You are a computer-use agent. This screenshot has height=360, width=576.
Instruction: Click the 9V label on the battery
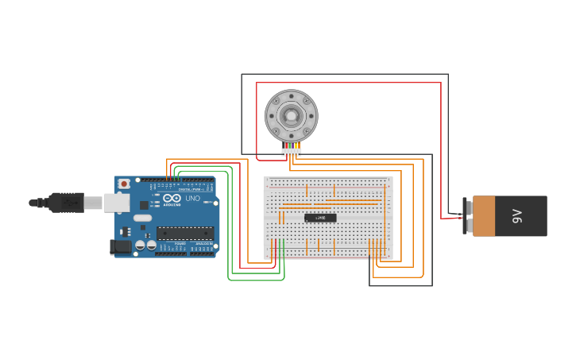tap(517, 215)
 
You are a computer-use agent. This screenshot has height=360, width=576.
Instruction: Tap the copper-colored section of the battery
tap(484, 216)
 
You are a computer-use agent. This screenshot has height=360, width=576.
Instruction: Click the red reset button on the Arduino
tap(123, 184)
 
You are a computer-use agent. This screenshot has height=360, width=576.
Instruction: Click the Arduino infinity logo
tap(172, 198)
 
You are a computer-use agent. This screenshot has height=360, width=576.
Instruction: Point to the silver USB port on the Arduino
tap(116, 203)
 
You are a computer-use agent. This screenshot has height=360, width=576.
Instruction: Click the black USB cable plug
tap(67, 203)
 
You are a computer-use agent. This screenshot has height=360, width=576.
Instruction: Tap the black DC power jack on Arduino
tap(122, 246)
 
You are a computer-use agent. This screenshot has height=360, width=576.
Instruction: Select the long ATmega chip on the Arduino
tap(184, 233)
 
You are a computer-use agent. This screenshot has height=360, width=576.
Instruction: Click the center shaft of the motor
tap(291, 116)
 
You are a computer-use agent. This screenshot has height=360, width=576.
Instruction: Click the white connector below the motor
tap(291, 151)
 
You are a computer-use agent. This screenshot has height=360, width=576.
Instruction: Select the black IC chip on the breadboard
tap(320, 217)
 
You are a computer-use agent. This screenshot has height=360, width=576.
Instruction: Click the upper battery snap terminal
tap(469, 207)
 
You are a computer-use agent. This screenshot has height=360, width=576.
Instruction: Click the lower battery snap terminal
tap(469, 226)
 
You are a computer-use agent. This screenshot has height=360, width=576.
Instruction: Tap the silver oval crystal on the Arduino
tap(142, 218)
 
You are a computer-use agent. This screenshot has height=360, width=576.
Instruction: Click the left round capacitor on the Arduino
tap(140, 245)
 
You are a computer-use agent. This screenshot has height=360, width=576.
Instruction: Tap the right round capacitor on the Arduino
tap(151, 245)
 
